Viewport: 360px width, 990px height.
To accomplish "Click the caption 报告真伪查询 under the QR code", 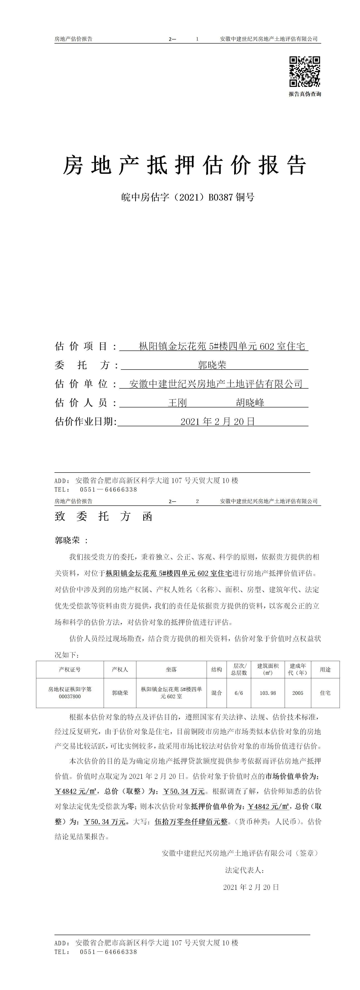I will (305, 94).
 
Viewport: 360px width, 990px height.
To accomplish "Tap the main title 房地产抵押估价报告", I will (184, 166).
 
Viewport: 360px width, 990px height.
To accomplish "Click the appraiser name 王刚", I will (177, 403).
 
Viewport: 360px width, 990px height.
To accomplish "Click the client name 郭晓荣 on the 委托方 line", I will (212, 365).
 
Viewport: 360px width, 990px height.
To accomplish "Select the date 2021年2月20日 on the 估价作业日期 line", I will (218, 421).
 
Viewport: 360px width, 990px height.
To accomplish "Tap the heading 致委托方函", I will (104, 517).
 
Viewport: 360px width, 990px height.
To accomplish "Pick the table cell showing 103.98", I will (268, 693).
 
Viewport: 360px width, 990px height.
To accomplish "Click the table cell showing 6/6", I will (239, 693).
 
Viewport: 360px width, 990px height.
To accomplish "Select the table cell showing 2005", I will (298, 693).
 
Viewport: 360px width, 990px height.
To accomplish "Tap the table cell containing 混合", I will (217, 693).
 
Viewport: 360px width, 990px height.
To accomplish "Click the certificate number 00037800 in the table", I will (70, 696).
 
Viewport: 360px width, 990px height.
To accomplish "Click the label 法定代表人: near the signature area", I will (244, 870).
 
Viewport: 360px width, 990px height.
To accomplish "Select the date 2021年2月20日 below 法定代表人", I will (251, 887).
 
